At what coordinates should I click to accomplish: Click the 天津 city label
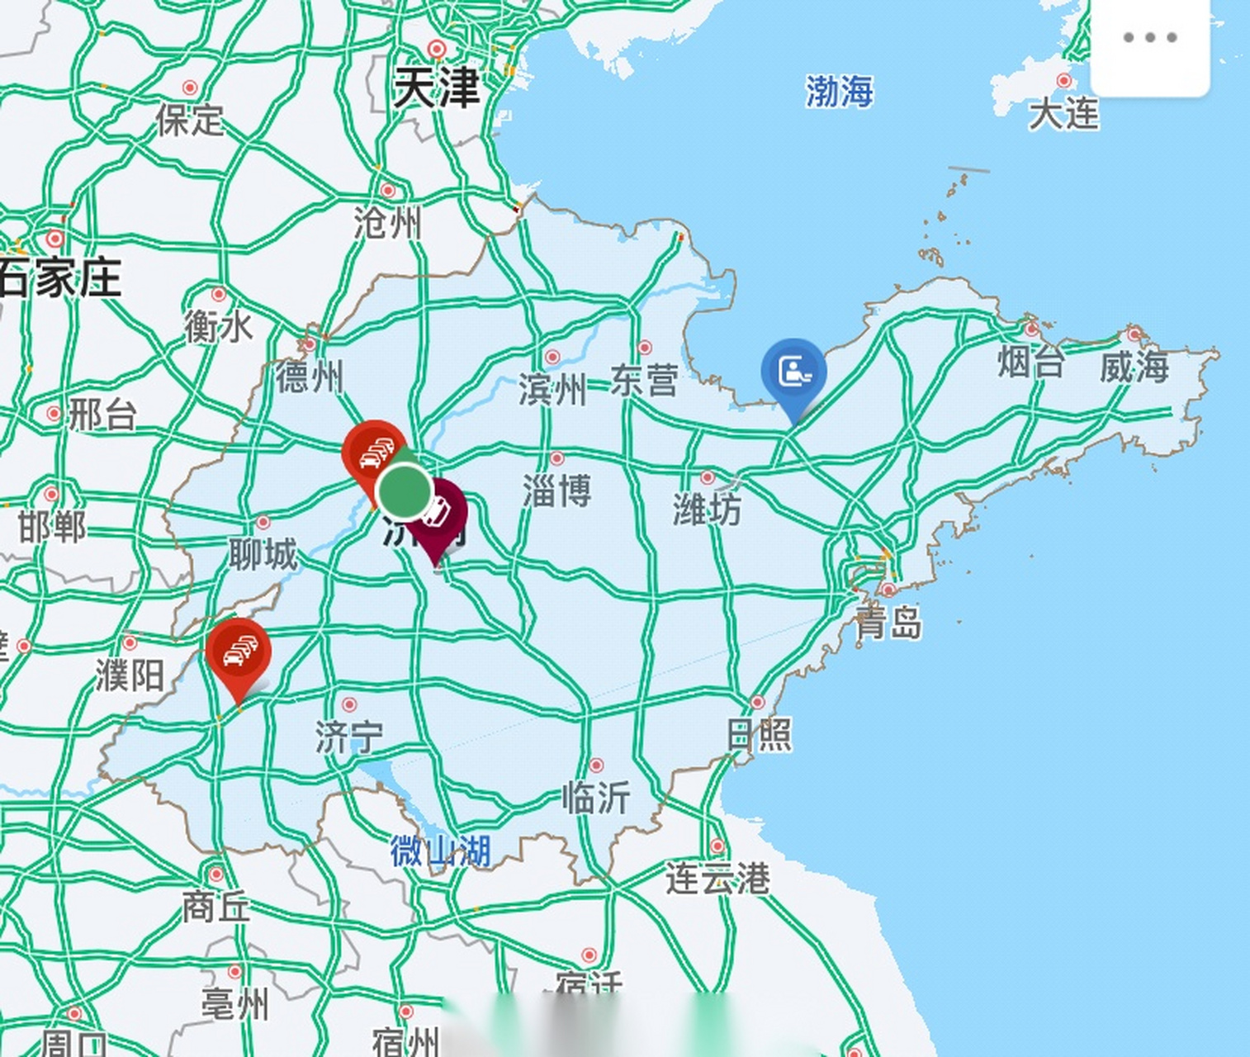pyautogui.click(x=435, y=88)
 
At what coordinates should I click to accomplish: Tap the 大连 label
pyautogui.click(x=1063, y=112)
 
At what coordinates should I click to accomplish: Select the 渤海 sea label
pyautogui.click(x=839, y=91)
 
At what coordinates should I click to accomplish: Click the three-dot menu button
pyautogui.click(x=1149, y=38)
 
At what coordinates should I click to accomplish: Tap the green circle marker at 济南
pyautogui.click(x=405, y=491)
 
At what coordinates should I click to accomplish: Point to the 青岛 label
pyautogui.click(x=888, y=623)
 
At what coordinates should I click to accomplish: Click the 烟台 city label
pyautogui.click(x=1031, y=362)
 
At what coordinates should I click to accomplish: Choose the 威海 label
pyautogui.click(x=1134, y=366)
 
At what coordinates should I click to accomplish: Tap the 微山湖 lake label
pyautogui.click(x=440, y=851)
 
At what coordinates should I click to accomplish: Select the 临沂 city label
pyautogui.click(x=595, y=797)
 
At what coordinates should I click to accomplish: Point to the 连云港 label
pyautogui.click(x=717, y=878)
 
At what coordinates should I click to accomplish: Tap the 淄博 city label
pyautogui.click(x=556, y=491)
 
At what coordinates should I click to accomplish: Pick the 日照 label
pyautogui.click(x=759, y=734)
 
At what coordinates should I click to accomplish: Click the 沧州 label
pyautogui.click(x=387, y=223)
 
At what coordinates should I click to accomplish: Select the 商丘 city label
pyautogui.click(x=215, y=907)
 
